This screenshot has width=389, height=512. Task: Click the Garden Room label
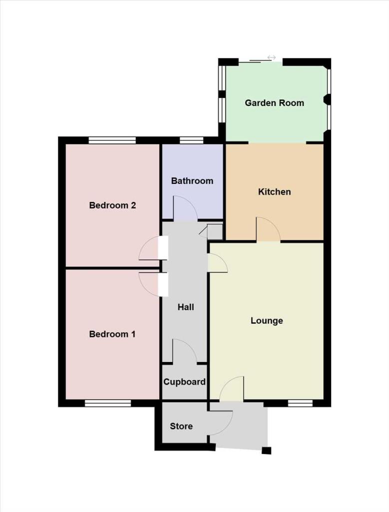(274, 103)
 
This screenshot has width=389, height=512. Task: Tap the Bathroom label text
(192, 181)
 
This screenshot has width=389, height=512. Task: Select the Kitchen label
(274, 192)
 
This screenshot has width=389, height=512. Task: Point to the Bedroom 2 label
(113, 205)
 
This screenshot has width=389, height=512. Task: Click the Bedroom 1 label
(112, 334)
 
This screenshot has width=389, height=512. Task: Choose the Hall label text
(186, 307)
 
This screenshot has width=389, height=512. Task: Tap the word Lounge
(267, 320)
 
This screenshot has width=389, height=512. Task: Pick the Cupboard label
(184, 382)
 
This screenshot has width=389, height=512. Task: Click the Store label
(181, 426)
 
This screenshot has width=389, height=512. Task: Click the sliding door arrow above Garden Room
(271, 57)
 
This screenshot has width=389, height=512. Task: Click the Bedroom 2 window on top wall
(112, 140)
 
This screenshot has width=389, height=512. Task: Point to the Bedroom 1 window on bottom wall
(108, 403)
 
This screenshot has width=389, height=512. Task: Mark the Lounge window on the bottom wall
(301, 403)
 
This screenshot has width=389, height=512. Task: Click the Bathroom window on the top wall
(191, 140)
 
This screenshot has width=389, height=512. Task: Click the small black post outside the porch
(267, 450)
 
